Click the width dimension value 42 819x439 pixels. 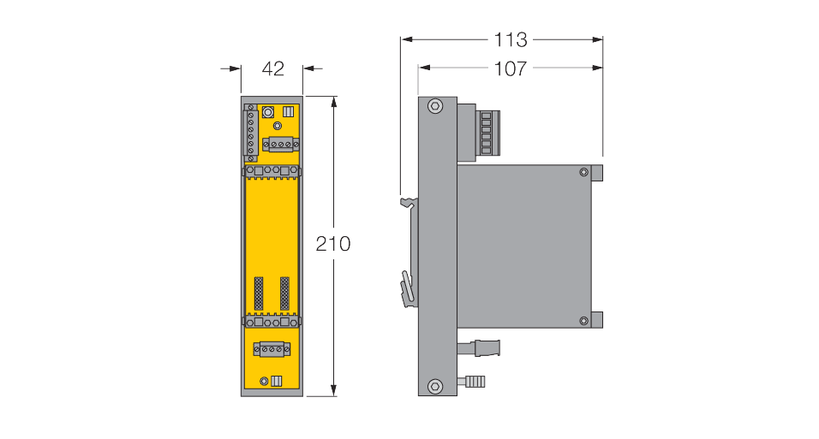(272, 69)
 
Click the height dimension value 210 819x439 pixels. (333, 244)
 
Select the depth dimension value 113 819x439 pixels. (510, 39)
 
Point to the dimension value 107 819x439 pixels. (511, 69)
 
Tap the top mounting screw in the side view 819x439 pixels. (435, 107)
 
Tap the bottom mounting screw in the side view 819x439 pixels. (435, 385)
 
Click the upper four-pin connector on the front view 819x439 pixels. (279, 145)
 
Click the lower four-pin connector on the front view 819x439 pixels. (272, 348)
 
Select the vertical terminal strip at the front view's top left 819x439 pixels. (251, 133)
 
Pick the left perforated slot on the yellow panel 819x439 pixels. (259, 294)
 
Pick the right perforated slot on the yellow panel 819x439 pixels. (285, 294)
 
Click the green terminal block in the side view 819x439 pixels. (487, 133)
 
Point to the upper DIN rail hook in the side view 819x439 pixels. (409, 204)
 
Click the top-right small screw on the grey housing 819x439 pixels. (583, 172)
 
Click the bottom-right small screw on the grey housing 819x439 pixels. (583, 321)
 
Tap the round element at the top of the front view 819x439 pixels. (268, 112)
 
